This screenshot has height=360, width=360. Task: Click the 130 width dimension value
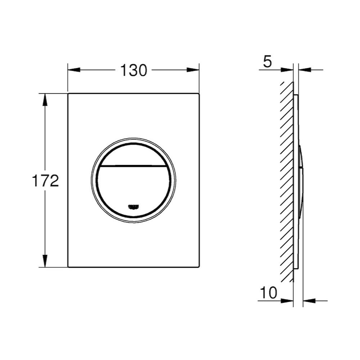(133, 71)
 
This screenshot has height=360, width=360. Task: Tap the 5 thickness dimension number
(267, 62)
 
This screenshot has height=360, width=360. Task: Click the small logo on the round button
(133, 206)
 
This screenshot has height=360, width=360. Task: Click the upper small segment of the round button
(133, 154)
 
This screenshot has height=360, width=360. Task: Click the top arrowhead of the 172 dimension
(45, 99)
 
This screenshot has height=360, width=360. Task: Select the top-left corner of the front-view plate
(68, 94)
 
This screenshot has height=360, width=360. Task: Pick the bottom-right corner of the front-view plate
(198, 267)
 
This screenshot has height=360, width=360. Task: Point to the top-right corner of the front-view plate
(198, 94)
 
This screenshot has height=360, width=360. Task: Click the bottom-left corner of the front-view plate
(68, 267)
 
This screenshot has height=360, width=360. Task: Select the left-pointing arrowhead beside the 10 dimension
(308, 300)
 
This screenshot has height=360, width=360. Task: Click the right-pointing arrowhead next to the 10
(288, 300)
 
